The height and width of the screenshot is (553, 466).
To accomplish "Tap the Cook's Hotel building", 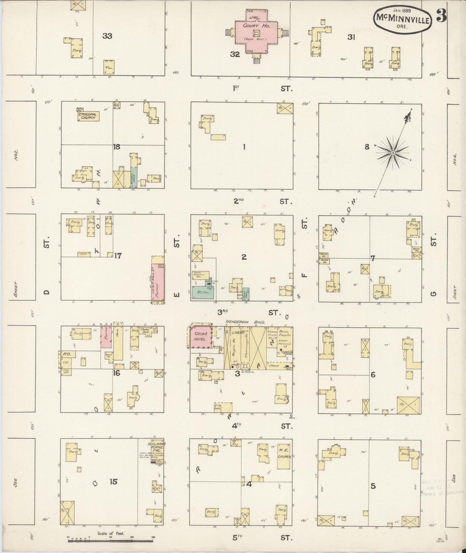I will [200, 337].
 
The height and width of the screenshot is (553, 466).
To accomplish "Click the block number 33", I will [107, 36].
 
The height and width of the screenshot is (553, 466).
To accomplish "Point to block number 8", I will [367, 147].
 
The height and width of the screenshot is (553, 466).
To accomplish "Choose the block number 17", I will [118, 256].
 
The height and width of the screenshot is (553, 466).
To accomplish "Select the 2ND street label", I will [239, 201].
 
